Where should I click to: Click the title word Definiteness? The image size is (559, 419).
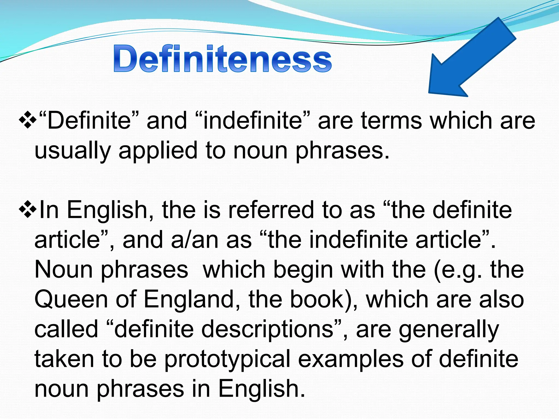[222, 59]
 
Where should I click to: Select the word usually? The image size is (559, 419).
[73, 151]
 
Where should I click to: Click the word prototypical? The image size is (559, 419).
[228, 359]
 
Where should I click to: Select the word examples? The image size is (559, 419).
[351, 359]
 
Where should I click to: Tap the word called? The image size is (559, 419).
[66, 329]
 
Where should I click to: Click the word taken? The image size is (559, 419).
[64, 359]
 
